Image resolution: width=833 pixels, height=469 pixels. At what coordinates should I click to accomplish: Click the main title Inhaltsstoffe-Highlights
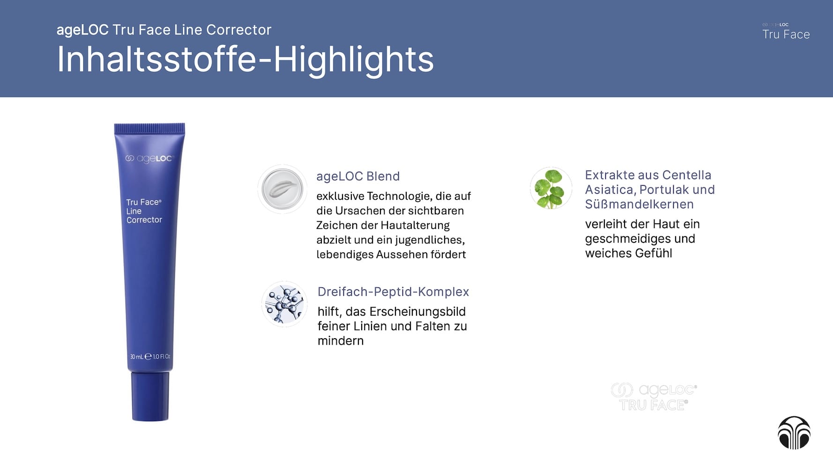pos(245,60)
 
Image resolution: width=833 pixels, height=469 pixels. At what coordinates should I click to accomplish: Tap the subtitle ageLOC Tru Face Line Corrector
pos(164,30)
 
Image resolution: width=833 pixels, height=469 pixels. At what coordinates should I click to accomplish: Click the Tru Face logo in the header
pos(786,31)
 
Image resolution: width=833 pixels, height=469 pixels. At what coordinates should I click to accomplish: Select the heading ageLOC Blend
pos(358,176)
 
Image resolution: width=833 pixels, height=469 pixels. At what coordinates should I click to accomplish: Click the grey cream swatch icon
pos(283,189)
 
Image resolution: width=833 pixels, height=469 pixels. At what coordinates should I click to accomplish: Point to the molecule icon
pos(284,304)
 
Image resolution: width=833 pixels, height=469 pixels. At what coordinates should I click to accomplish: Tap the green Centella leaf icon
pos(551,188)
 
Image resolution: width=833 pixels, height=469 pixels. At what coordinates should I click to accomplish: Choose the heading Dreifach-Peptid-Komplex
pos(393,292)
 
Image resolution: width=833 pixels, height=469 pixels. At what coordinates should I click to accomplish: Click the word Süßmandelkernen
pos(639,204)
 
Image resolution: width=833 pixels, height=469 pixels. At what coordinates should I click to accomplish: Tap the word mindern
pos(341,341)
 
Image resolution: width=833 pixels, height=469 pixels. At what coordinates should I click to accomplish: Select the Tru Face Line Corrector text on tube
pos(144,211)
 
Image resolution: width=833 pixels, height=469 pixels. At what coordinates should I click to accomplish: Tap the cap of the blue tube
pos(150,396)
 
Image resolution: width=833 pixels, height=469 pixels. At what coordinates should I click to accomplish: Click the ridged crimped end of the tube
pos(149,128)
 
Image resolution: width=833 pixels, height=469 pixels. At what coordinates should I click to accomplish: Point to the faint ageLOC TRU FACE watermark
pos(654,397)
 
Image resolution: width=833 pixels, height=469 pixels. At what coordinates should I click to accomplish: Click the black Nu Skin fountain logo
pos(794,432)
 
